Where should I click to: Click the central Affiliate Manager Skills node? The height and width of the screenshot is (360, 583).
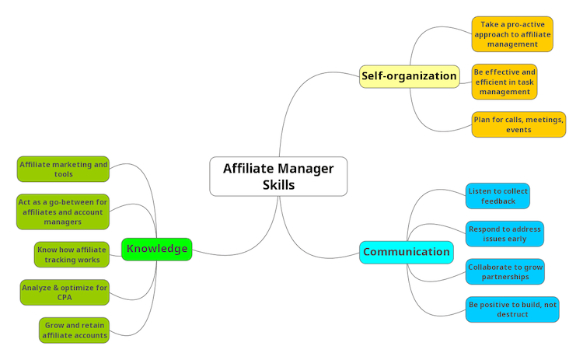(x=278, y=177)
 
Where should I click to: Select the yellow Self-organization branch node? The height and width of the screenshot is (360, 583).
(x=409, y=76)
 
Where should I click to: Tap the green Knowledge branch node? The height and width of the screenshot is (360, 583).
(x=156, y=249)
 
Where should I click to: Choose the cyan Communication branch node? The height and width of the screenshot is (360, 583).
(x=406, y=252)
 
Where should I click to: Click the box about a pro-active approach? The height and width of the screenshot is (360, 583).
(x=511, y=34)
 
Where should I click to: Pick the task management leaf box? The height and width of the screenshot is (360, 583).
(x=504, y=82)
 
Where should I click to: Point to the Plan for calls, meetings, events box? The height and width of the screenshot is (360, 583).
(x=518, y=124)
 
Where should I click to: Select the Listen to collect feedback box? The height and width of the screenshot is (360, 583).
(x=497, y=196)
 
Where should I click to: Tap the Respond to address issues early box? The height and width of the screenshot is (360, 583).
(x=504, y=234)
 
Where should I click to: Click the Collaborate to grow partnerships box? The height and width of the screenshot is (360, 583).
(x=504, y=271)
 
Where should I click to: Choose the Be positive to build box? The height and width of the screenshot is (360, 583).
(x=512, y=309)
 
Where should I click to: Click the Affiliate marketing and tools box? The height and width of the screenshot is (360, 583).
(x=64, y=170)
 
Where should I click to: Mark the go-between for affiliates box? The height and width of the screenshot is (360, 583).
(x=63, y=211)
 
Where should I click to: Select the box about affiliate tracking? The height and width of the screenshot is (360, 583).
(x=72, y=254)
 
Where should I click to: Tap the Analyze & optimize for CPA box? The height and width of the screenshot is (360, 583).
(x=65, y=292)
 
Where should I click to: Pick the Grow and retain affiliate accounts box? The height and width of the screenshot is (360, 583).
(x=74, y=330)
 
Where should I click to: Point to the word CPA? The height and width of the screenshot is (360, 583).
(x=65, y=298)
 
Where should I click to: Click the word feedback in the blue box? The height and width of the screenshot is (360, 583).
(x=498, y=201)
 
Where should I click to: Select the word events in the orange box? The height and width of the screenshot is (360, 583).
(x=518, y=130)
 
